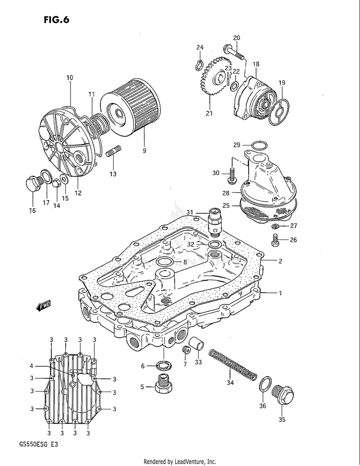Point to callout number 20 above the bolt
237,38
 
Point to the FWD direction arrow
43,306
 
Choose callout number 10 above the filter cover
70,77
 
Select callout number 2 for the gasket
280,262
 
